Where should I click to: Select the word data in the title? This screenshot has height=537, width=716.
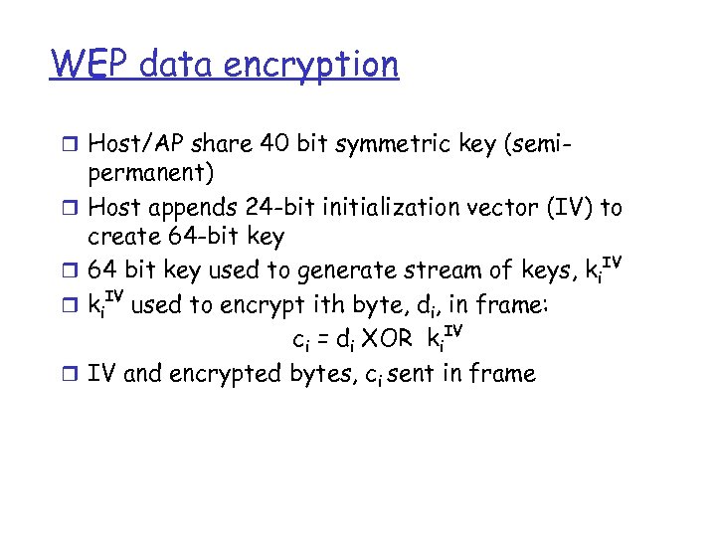(x=179, y=65)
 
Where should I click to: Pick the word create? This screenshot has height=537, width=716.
(x=124, y=239)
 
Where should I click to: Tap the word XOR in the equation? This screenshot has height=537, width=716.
(x=385, y=339)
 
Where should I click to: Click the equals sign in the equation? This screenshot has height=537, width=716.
(x=324, y=340)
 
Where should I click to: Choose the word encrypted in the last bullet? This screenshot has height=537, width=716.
(x=240, y=374)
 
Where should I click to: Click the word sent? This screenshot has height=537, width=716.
(x=402, y=373)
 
